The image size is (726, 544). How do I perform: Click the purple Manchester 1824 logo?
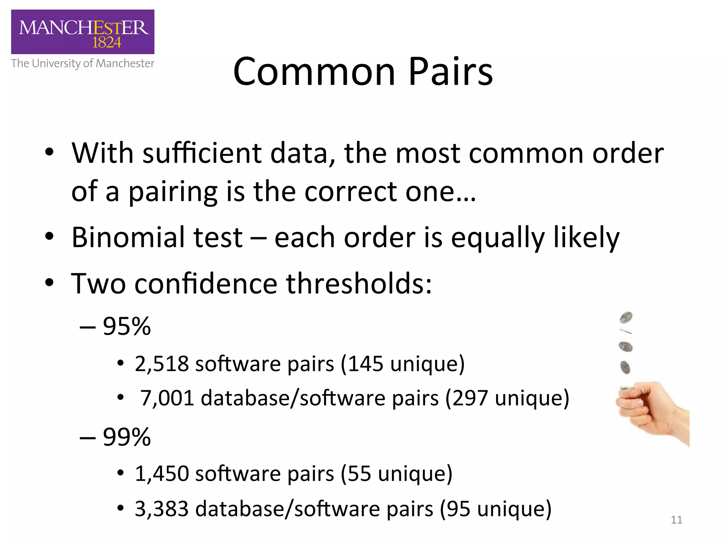coord(83,32)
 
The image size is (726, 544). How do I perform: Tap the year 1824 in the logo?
coord(106,43)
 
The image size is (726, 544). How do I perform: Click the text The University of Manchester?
coord(83,63)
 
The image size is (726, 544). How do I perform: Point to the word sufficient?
coord(202,153)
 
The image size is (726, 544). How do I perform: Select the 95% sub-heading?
coord(127,326)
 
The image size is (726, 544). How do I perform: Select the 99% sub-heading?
coord(127,437)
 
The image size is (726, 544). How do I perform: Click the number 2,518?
coord(162,364)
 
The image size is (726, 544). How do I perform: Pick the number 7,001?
coord(167,398)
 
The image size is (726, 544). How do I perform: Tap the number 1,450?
coord(162,474)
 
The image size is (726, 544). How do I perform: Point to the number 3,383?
coord(162,509)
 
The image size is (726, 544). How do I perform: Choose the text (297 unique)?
coord(507,398)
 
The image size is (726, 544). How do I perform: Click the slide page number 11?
coord(676,520)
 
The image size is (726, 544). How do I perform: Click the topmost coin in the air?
coord(626,317)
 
